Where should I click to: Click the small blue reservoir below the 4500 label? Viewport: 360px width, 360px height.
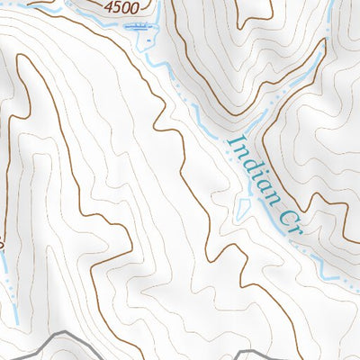[141, 29]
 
